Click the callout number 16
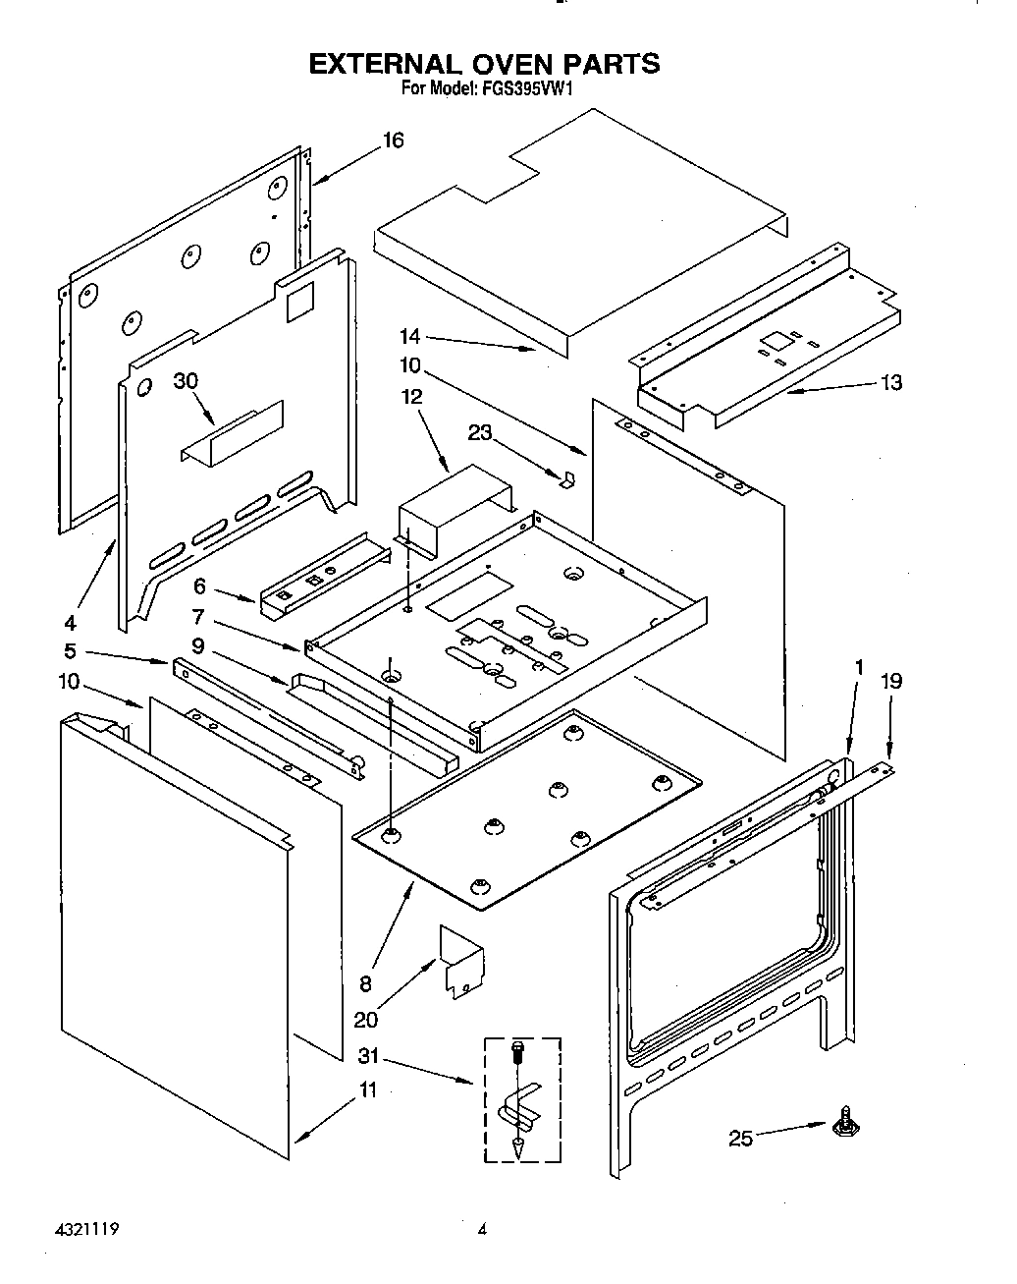392,140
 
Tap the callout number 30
187,381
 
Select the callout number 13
890,382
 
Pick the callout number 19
890,681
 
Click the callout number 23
479,432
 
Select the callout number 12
411,397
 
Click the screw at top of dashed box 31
517,1051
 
